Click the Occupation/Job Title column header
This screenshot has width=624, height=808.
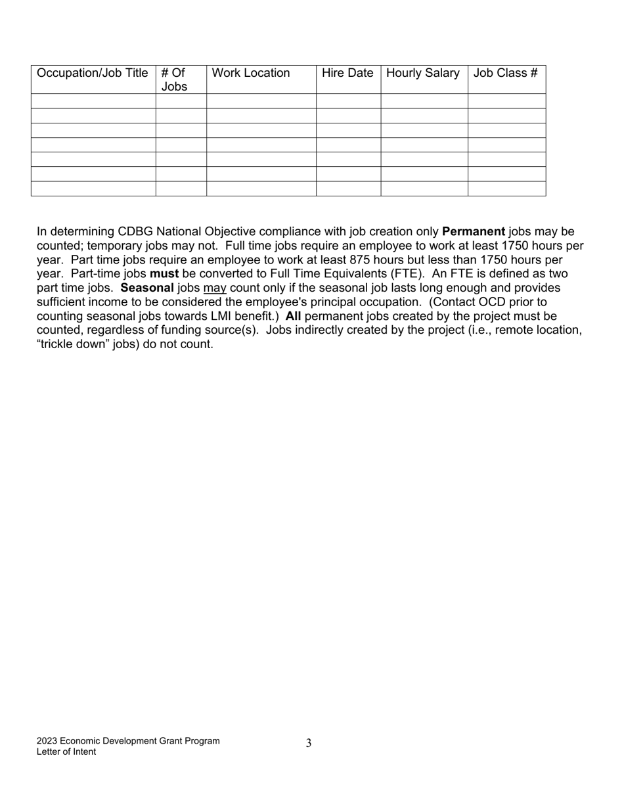pos(93,73)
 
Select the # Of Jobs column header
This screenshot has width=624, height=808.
pos(174,79)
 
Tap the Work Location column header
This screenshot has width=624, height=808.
pos(251,73)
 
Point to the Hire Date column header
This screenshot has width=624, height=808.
pos(347,73)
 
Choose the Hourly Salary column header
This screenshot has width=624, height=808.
pos(423,73)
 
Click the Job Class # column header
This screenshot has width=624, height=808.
pos(505,73)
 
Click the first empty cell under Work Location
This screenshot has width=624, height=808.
pos(261,101)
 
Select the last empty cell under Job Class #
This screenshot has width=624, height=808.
pos(506,189)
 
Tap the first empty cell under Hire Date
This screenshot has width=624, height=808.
pos(348,101)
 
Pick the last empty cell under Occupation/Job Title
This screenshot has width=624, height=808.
pos(93,189)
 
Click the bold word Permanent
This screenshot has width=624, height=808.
pos(474,232)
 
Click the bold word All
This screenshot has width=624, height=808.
pos(293,317)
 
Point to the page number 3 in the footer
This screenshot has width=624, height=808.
pos(309,743)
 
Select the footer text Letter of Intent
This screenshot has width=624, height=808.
pos(66,752)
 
